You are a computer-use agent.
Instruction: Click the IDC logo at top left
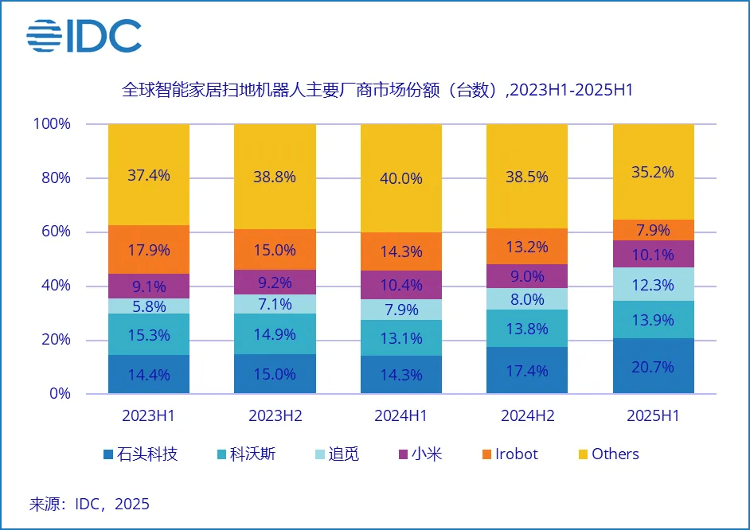[84, 37]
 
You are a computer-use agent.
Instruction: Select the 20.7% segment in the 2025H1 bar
[653, 366]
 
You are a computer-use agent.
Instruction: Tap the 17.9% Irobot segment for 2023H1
[149, 250]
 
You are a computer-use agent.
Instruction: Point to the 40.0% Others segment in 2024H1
[400, 178]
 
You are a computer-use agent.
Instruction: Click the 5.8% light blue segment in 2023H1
[149, 306]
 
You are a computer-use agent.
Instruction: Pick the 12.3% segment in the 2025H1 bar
[653, 284]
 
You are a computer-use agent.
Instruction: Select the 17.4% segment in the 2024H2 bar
[527, 370]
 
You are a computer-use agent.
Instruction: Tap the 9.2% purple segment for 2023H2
[275, 282]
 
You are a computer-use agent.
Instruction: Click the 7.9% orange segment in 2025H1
[653, 230]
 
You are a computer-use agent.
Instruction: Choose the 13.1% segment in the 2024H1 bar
[400, 338]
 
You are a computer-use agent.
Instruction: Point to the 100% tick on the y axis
[52, 124]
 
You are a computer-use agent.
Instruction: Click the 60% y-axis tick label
[56, 232]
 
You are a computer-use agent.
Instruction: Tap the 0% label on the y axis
[60, 394]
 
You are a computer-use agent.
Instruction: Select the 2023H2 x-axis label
[275, 416]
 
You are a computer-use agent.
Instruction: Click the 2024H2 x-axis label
[527, 416]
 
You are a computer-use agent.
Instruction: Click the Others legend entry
[607, 454]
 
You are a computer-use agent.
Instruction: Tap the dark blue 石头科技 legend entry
[139, 454]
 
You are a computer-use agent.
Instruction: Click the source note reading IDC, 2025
[89, 504]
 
